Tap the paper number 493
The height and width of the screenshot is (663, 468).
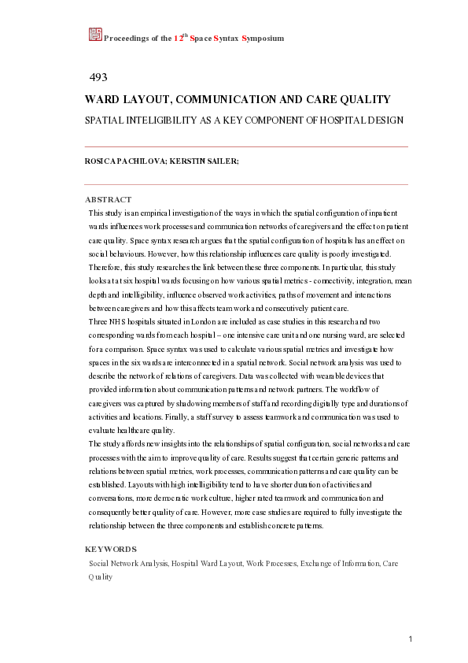[x=98, y=77]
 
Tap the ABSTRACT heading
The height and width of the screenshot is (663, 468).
[x=108, y=199]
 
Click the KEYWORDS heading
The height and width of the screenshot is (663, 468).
[x=110, y=549]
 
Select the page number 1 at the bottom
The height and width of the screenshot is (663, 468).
[x=411, y=638]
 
